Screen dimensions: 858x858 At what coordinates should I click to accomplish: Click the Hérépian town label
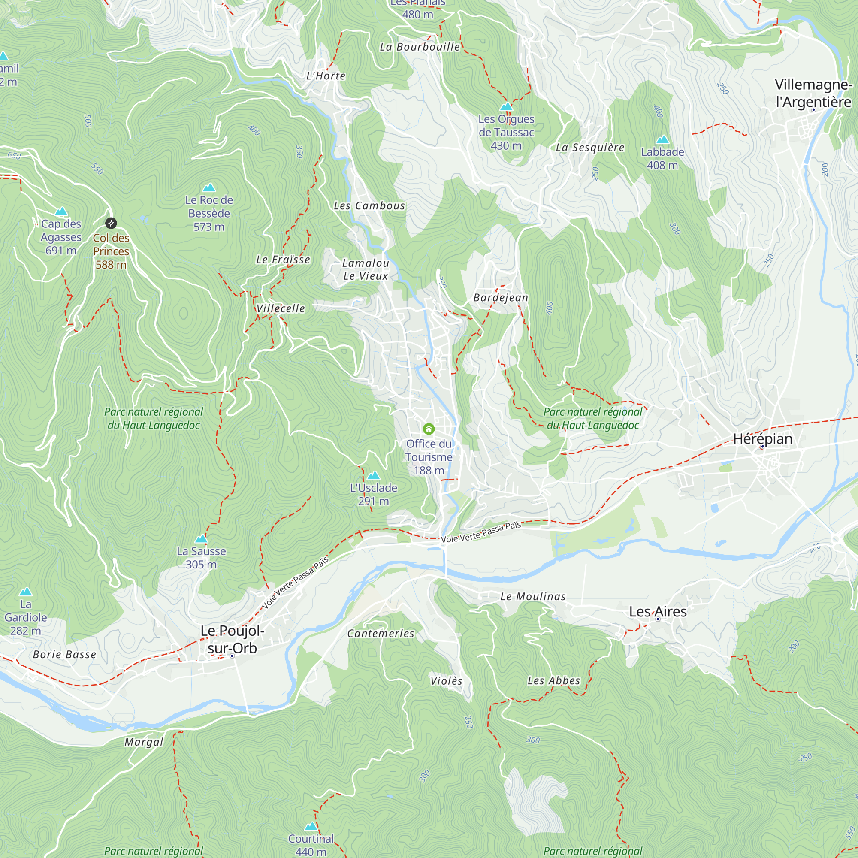pyautogui.click(x=762, y=439)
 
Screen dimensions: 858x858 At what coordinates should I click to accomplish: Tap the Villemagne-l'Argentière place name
pyautogui.click(x=813, y=93)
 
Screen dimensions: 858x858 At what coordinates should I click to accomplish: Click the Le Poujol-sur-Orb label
pyautogui.click(x=232, y=639)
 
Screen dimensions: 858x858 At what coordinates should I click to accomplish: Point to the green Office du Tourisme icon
pyautogui.click(x=429, y=429)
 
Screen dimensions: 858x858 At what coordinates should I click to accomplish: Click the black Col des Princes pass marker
pyautogui.click(x=111, y=223)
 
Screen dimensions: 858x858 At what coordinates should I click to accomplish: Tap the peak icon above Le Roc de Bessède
pyautogui.click(x=209, y=187)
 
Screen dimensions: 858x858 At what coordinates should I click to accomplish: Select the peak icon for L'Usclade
pyautogui.click(x=374, y=476)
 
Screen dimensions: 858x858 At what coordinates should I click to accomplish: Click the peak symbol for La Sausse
pyautogui.click(x=201, y=539)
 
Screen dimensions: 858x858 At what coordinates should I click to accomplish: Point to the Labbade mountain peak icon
pyautogui.click(x=662, y=139)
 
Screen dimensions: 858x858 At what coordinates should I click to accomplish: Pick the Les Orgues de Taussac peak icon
pyautogui.click(x=506, y=106)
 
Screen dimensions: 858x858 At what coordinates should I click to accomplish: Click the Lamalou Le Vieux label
pyautogui.click(x=366, y=269)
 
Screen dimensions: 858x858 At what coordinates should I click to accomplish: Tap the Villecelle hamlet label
pyautogui.click(x=281, y=308)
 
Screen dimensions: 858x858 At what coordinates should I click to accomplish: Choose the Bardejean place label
pyautogui.click(x=501, y=298)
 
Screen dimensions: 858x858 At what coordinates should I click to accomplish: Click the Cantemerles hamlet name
pyautogui.click(x=381, y=633)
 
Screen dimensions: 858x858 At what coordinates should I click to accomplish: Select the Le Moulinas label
pyautogui.click(x=533, y=596)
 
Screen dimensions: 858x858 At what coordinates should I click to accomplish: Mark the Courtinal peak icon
pyautogui.click(x=311, y=827)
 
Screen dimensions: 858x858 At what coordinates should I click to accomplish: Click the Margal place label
pyautogui.click(x=144, y=742)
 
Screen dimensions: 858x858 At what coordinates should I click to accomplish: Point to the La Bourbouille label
pyautogui.click(x=420, y=47)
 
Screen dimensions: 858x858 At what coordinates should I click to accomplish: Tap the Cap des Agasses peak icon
pyautogui.click(x=61, y=211)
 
